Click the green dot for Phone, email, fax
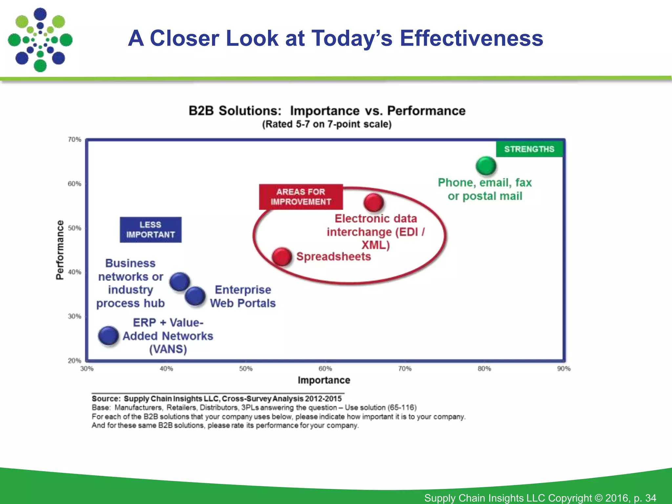[x=486, y=166]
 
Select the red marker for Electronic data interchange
[x=373, y=202]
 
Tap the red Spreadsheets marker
[x=282, y=257]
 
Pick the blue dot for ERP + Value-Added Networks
[x=108, y=336]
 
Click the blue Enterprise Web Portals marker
[x=195, y=296]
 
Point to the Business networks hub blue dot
[x=179, y=282]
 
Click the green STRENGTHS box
[x=529, y=149]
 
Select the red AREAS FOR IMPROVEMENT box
[x=301, y=197]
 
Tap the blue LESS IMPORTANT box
[x=150, y=230]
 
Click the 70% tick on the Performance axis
[x=74, y=139]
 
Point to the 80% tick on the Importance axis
[x=484, y=369]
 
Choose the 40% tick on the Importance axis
[x=166, y=369]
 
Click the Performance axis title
[x=60, y=250]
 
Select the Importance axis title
[x=324, y=380]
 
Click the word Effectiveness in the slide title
[x=471, y=38]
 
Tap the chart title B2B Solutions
[x=235, y=111]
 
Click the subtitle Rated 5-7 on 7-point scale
[x=327, y=124]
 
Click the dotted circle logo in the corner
[x=40, y=40]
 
